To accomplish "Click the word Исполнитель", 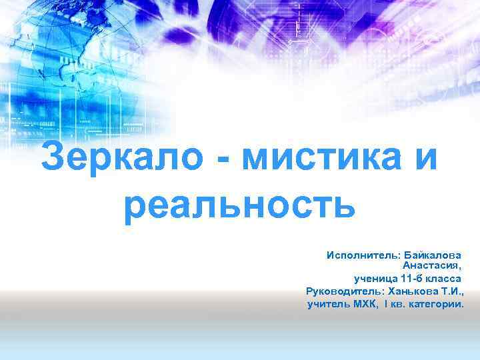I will click(360, 255).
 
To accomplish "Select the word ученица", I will click(376, 279).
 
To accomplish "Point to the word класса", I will click(444, 279).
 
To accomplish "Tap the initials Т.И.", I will click(451, 291).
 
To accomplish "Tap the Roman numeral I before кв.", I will click(385, 304).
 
